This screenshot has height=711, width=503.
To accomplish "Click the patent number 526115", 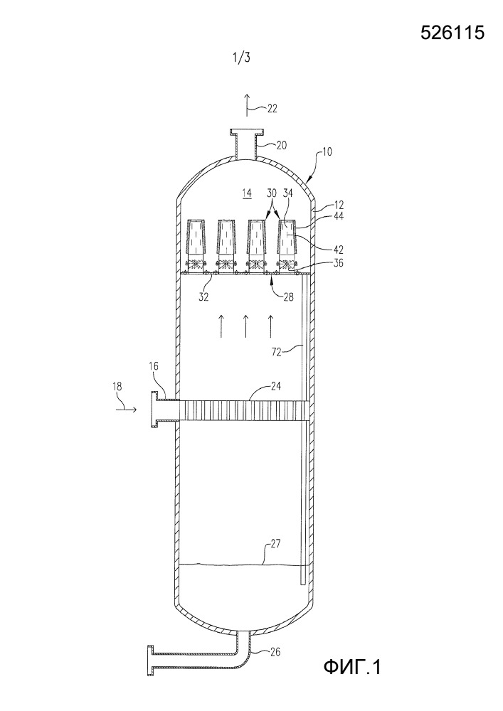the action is pyautogui.click(x=452, y=33).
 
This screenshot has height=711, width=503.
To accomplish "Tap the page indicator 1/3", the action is pyautogui.click(x=241, y=58).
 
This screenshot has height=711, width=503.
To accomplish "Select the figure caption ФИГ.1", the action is pyautogui.click(x=352, y=667).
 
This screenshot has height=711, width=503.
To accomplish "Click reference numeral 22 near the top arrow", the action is pyautogui.click(x=272, y=108).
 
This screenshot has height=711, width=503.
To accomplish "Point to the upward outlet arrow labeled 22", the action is pyautogui.click(x=247, y=105).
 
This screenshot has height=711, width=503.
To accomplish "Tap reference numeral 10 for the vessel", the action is pyautogui.click(x=327, y=151).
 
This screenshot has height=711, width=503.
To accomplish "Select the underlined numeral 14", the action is pyautogui.click(x=246, y=193).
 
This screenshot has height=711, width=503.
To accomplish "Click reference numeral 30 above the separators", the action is pyautogui.click(x=272, y=192).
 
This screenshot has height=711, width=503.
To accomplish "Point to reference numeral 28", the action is pyautogui.click(x=288, y=297).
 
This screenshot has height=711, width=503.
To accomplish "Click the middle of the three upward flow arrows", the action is pyautogui.click(x=245, y=326).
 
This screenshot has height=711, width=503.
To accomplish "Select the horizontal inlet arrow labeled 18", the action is pyautogui.click(x=126, y=409).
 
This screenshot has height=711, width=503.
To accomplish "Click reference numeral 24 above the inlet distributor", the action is pyautogui.click(x=275, y=386).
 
